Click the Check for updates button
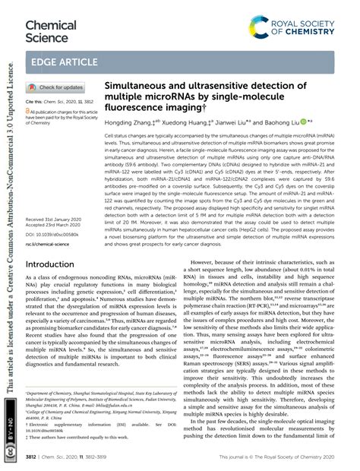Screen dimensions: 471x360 click(x=55, y=87)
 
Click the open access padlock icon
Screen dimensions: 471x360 click(x=29, y=111)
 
